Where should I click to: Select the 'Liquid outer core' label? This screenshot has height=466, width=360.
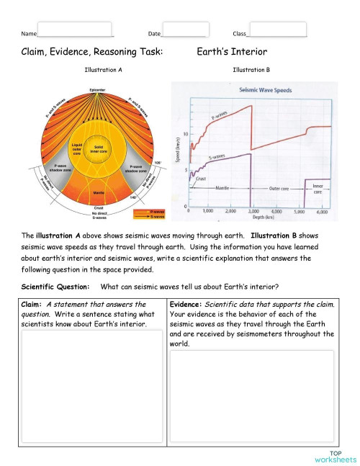[78, 149]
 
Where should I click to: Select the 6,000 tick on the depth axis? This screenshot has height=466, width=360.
[322, 212]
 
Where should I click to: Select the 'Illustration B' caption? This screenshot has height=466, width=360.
[252, 70]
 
